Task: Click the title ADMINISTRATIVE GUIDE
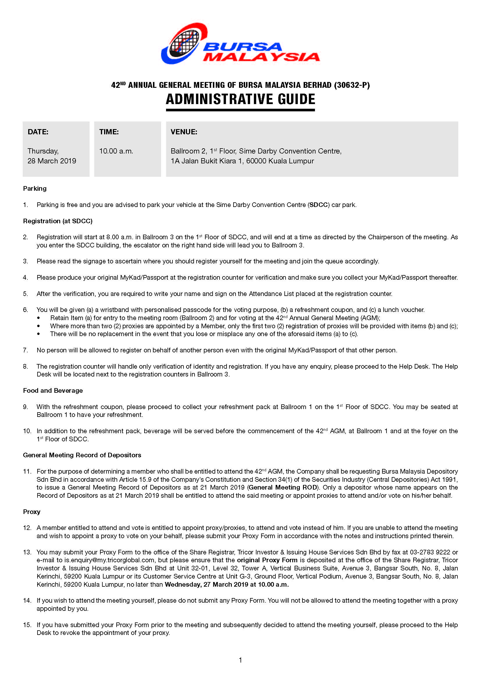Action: pos(240,99)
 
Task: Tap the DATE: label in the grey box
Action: pos(38,132)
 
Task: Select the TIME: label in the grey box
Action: pos(109,132)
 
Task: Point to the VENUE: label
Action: pos(184,132)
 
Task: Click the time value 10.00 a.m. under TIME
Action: pos(116,151)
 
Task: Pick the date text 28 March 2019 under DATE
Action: pos(52,161)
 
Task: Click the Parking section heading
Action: pos(35,188)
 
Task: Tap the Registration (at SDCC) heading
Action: pos(58,221)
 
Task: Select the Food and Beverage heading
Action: pos(53,390)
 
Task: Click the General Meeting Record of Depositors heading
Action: pos(82,455)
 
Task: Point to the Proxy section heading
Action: pos(31,512)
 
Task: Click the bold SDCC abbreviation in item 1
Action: pos(318,205)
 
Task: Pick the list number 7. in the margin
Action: pos(26,350)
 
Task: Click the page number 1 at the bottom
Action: pos(240,660)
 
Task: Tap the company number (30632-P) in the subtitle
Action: pos(352,85)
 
